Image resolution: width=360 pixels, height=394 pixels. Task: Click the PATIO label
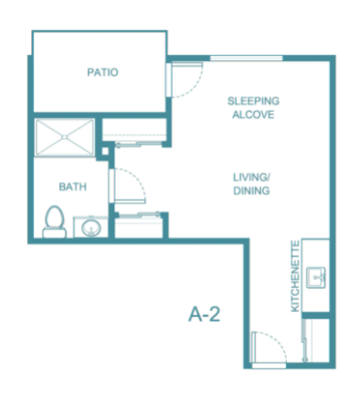tap(102, 72)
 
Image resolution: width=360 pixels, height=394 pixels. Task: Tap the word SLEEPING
tap(253, 101)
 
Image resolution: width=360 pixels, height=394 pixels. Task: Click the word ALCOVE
tap(253, 114)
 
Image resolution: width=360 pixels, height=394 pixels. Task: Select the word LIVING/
tap(252, 177)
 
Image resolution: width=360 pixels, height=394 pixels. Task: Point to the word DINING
tap(251, 191)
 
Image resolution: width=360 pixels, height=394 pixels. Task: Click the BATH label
tap(73, 186)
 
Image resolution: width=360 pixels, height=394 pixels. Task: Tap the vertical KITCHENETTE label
tap(295, 276)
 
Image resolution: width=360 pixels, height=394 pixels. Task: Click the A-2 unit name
tap(204, 314)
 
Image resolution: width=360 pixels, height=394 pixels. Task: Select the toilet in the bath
tap(55, 221)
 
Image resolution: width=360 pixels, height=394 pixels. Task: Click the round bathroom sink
tap(91, 228)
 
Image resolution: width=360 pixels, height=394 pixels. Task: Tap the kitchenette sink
tap(316, 278)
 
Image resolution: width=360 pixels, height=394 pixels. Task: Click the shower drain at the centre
tap(64, 137)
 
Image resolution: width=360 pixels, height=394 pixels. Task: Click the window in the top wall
tap(247, 59)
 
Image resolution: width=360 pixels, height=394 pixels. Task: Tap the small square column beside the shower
tap(105, 151)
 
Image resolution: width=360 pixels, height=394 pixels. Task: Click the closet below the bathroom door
tap(139, 227)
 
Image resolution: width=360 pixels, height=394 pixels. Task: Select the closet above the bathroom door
tap(134, 130)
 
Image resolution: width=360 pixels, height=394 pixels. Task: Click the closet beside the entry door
tap(317, 340)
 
